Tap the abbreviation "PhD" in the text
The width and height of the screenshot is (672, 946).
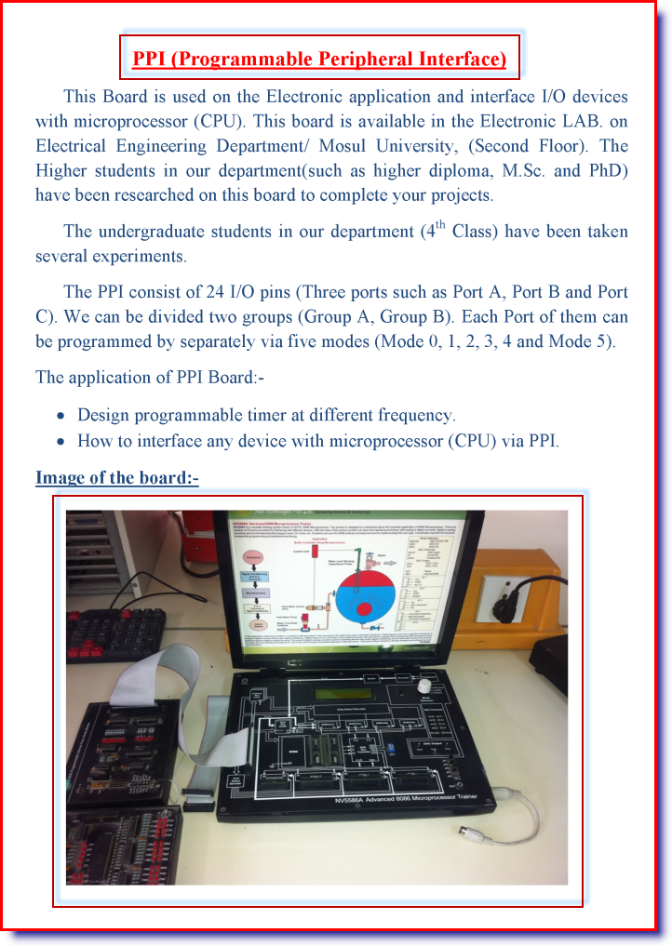click(x=608, y=170)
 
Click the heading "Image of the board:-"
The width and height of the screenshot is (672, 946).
click(x=116, y=478)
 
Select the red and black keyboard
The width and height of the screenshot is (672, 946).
click(x=115, y=633)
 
